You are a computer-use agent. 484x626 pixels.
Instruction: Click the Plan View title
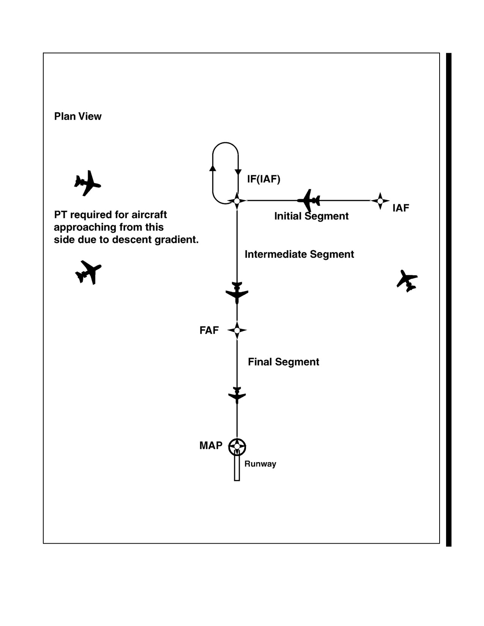click(x=77, y=116)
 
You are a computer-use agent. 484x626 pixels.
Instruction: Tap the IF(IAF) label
click(x=263, y=179)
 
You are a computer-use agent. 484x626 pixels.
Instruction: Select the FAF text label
click(x=209, y=330)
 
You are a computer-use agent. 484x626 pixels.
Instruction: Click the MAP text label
click(x=211, y=445)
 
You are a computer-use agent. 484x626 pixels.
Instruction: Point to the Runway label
click(x=260, y=464)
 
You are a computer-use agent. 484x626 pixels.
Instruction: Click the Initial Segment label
click(x=311, y=216)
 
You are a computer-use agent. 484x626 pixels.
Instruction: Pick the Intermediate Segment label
click(x=299, y=254)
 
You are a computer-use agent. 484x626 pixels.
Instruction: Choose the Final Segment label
click(x=283, y=362)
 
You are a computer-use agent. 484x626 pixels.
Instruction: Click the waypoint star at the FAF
click(x=237, y=330)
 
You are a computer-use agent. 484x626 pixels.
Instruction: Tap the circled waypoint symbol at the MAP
click(x=237, y=446)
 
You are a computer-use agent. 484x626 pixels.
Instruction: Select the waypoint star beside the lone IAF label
click(x=380, y=201)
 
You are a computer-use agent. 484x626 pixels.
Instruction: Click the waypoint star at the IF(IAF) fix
click(x=237, y=201)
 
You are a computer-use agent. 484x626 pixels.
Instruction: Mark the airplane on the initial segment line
click(x=309, y=200)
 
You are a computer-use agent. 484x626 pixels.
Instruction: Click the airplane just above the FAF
click(x=237, y=293)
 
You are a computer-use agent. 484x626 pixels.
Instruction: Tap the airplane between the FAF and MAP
click(x=237, y=395)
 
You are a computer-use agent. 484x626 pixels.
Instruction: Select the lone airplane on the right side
click(x=407, y=281)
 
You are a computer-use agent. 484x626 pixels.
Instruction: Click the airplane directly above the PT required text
click(x=88, y=183)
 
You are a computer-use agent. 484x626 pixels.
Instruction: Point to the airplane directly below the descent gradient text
click(x=88, y=272)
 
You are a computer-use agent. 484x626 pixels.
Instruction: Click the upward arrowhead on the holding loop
click(x=213, y=168)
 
